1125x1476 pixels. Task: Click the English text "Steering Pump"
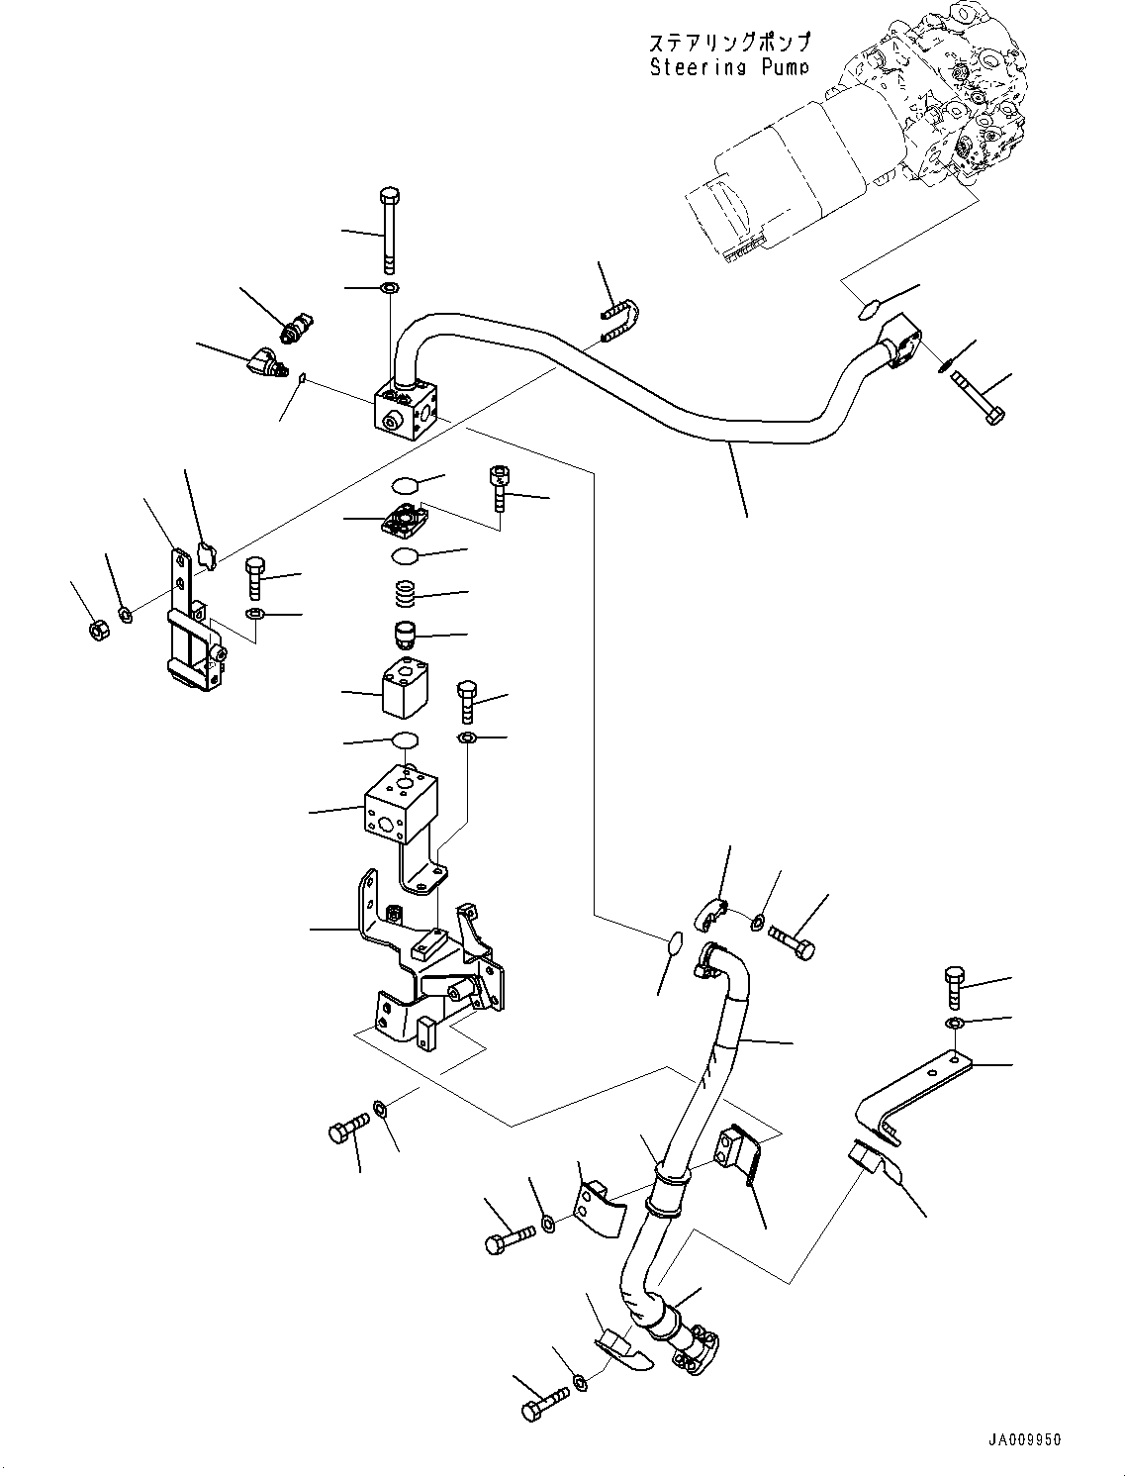coord(728,67)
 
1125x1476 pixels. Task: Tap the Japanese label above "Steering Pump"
coord(728,43)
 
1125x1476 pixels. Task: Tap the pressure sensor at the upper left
coord(298,329)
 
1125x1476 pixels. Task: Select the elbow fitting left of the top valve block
coord(263,362)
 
